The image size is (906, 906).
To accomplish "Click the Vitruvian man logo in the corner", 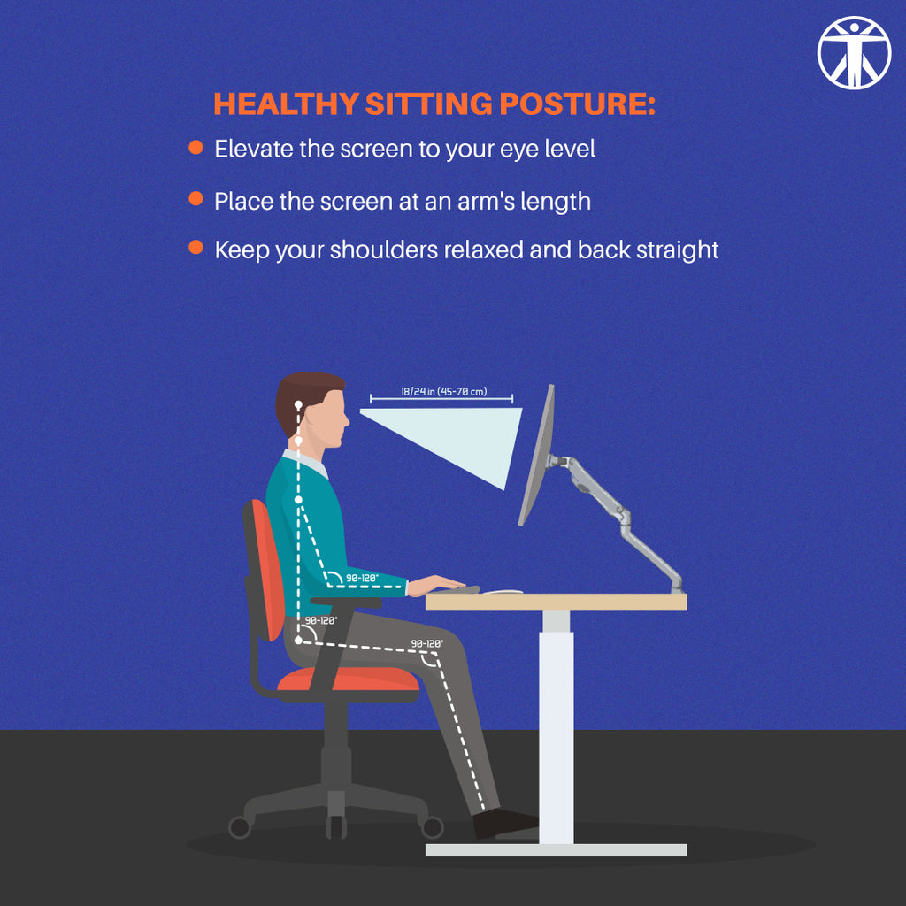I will coord(853,53).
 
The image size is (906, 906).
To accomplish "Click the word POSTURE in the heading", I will coord(576,104).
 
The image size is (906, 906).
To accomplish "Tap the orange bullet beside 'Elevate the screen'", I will coord(196,147).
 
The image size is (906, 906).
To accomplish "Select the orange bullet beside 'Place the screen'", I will coord(196,199).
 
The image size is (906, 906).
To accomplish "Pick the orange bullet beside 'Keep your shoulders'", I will coord(196,248).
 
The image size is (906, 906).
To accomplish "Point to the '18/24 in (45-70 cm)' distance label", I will coord(441,391).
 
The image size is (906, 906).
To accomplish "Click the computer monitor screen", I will coord(536,456).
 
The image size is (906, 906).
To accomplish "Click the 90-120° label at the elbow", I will coord(361,578).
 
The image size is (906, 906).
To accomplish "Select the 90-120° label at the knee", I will coord(426,643).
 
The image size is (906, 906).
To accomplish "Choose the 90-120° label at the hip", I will coord(320,620).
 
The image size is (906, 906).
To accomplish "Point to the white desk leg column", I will coord(557,726).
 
